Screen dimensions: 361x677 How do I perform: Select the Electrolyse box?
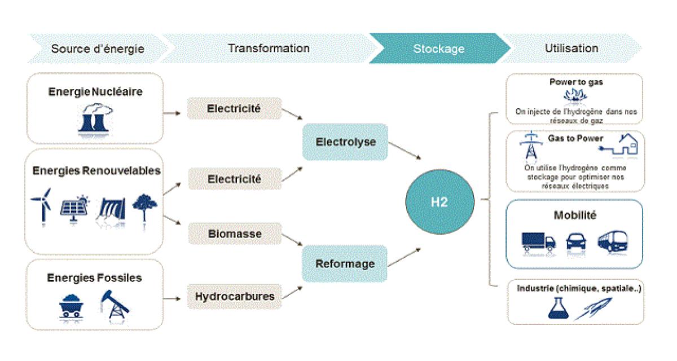345,143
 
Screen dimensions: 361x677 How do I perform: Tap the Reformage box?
345,263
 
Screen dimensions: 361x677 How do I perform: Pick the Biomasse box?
234,233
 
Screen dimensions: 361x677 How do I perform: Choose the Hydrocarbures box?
234,296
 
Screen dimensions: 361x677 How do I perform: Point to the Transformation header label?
269,49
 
